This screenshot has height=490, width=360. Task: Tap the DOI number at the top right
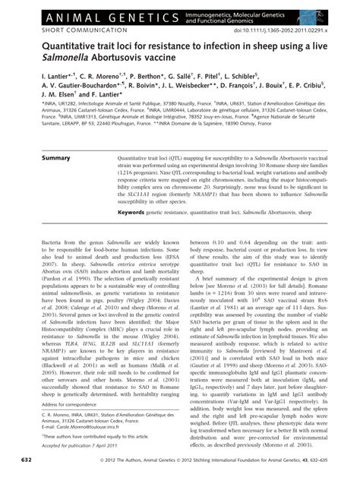point(289,30)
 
